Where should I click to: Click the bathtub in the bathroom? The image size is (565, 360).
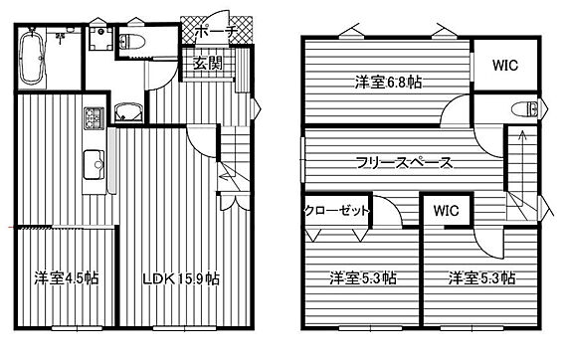click(32, 58)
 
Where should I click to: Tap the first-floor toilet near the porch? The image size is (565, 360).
click(131, 42)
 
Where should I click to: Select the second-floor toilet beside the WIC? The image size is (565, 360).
click(527, 108)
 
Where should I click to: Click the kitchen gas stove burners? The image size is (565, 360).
click(94, 118)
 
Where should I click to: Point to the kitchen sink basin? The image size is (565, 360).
click(94, 165)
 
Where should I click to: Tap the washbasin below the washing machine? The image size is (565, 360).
click(128, 112)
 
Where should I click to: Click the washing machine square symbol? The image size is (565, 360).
click(101, 39)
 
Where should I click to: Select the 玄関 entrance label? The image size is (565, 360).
click(208, 64)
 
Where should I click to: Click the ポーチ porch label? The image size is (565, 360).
click(216, 32)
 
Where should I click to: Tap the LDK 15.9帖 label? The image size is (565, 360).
click(181, 278)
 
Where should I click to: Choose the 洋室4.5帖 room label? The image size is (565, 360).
click(67, 277)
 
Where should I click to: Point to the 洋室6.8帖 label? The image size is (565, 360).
click(388, 83)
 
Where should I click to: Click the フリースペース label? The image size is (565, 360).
click(404, 163)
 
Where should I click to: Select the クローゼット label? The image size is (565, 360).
click(337, 211)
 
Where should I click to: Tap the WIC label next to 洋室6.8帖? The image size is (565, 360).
click(505, 66)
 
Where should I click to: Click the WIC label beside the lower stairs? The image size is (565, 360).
click(447, 211)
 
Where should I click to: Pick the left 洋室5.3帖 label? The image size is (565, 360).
click(363, 278)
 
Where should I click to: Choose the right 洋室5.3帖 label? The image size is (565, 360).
click(481, 278)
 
